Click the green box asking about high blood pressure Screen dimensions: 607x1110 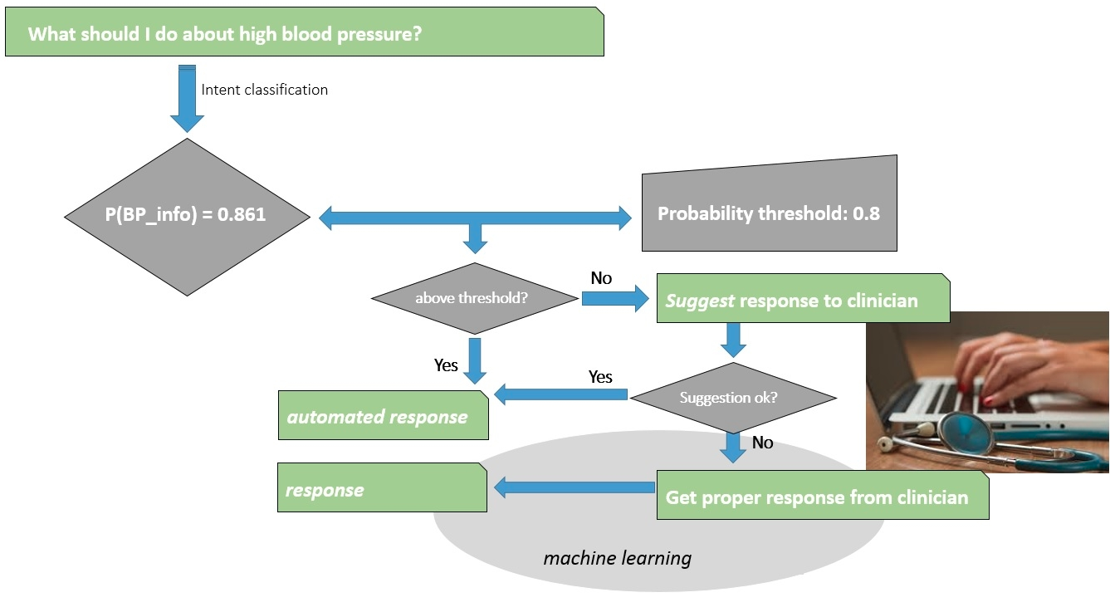304,34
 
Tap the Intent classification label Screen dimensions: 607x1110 264,90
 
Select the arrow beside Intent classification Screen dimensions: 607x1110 187,98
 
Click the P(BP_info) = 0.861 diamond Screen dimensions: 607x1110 187,215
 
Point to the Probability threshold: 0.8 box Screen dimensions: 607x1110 769,213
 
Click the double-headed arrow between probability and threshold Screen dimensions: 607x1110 475,218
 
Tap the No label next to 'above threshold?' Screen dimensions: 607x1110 601,278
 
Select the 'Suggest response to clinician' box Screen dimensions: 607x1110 802,300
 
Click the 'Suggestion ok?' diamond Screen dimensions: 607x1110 729,397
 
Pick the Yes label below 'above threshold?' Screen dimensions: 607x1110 446,365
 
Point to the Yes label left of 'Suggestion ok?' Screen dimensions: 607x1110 600,377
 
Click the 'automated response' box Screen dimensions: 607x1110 382,416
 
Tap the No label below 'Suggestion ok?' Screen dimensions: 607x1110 762,443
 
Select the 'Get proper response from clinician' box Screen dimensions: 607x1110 822,497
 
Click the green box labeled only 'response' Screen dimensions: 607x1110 381,489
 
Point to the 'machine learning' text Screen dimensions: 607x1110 617,558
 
